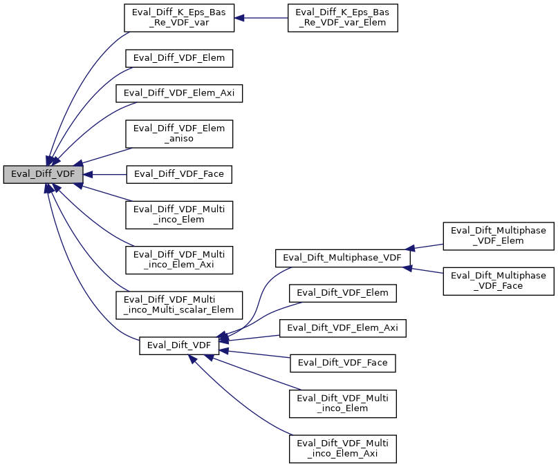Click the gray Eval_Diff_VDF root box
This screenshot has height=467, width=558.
point(43,174)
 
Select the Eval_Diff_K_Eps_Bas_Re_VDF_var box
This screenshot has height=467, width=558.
point(178,18)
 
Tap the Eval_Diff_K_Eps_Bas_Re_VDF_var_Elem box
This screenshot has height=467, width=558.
point(343,18)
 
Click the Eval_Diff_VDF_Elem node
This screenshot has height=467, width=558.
point(178,58)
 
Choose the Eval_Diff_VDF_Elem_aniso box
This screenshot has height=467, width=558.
point(178,134)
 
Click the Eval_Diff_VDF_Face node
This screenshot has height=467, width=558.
point(178,174)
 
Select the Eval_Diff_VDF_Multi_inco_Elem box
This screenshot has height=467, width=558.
point(178,214)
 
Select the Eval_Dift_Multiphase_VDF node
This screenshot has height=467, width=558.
point(343,258)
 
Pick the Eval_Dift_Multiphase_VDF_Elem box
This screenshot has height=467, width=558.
point(499,236)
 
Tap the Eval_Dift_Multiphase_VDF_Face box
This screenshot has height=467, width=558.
point(499,281)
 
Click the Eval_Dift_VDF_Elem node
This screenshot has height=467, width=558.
point(343,293)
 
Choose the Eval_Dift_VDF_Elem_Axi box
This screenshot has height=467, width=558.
point(343,328)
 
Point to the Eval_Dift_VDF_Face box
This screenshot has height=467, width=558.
point(343,363)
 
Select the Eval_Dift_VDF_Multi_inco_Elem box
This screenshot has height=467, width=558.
point(343,403)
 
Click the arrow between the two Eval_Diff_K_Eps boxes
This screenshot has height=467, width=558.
point(261,18)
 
